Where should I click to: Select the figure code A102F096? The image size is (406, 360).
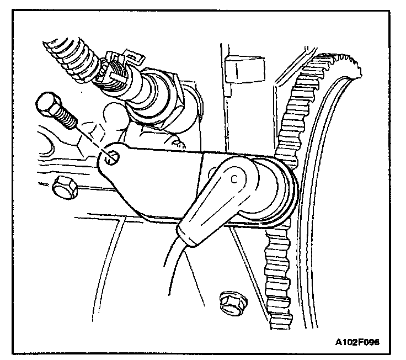pos(357,341)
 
